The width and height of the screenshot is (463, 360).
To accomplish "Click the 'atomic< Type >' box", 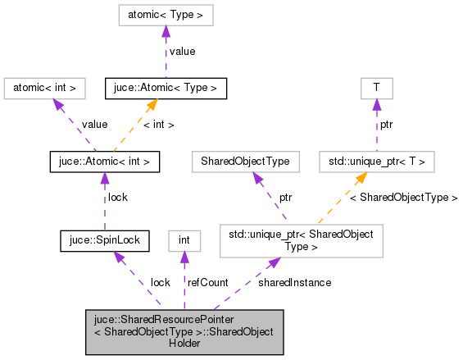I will [x=166, y=15].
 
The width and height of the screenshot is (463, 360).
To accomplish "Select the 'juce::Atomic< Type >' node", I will [x=166, y=87].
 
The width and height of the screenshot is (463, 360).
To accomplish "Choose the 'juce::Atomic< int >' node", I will [x=103, y=162].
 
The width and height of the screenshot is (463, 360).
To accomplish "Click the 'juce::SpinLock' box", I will [x=104, y=240].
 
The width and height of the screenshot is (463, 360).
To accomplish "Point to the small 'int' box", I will [x=184, y=240].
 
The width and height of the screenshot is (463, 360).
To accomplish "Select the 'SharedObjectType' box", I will [x=245, y=162].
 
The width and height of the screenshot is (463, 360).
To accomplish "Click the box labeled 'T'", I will [x=376, y=87].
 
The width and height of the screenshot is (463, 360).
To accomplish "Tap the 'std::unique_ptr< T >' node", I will [x=376, y=162].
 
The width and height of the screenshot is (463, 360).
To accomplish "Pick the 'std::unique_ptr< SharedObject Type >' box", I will [x=301, y=240].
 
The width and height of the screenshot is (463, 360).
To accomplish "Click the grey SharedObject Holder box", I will [x=184, y=332].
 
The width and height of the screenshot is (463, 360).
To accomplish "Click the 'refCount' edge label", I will [x=207, y=282].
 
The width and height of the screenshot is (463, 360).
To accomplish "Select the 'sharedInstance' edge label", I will [x=294, y=282].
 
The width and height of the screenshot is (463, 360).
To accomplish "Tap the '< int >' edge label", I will [x=159, y=125].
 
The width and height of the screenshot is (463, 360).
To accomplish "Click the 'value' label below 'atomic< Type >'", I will [x=182, y=51].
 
